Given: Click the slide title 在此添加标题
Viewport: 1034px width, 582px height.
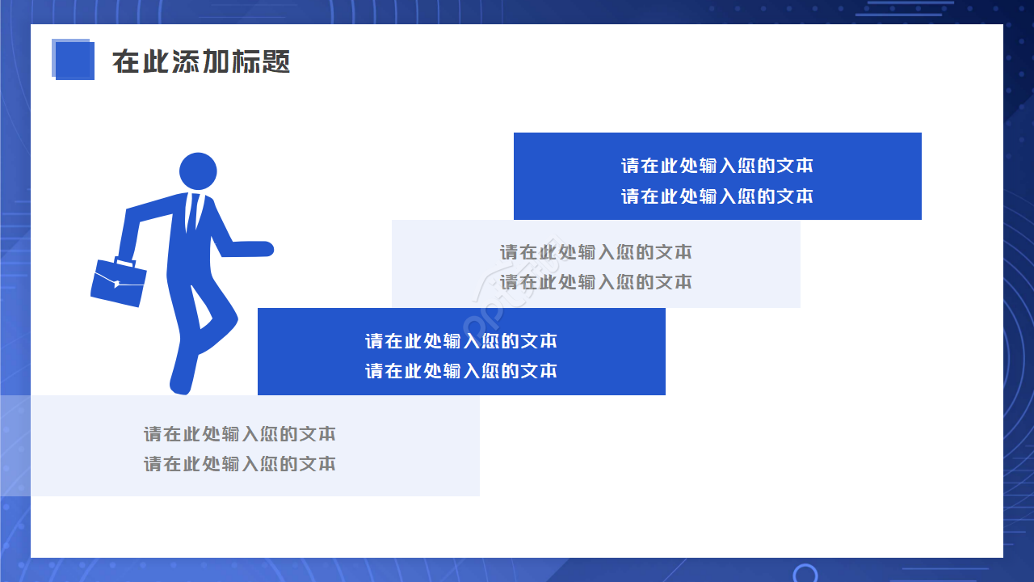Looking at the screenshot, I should tap(201, 61).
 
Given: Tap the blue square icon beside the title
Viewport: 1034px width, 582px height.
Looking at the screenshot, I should tap(73, 60).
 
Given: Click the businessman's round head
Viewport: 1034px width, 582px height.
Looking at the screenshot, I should tap(198, 171).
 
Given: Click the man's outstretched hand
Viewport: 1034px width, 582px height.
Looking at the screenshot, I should tap(263, 248).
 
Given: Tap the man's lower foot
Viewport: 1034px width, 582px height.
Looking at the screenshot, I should tap(181, 386).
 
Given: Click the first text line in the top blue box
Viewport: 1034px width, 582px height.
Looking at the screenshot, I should tap(717, 166).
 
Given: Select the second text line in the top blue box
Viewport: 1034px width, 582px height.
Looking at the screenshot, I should tap(717, 196).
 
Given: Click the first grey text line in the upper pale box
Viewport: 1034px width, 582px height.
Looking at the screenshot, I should tap(595, 252).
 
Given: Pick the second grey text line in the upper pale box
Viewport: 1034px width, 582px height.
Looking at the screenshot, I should tap(595, 282).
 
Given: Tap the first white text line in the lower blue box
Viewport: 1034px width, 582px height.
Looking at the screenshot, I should tap(460, 341).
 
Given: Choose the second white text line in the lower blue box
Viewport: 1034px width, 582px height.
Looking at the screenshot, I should tap(460, 371).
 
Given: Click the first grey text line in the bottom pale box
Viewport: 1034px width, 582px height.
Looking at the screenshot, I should tap(239, 434).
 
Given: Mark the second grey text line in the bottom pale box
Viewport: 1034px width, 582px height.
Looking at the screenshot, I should tap(239, 464).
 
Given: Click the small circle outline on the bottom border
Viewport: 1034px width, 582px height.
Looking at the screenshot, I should tap(805, 574).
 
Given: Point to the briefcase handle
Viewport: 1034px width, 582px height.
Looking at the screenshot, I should tap(124, 261).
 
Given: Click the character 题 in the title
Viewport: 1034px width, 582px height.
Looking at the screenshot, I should tap(275, 61).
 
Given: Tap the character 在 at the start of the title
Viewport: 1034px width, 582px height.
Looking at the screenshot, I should tap(126, 61).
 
